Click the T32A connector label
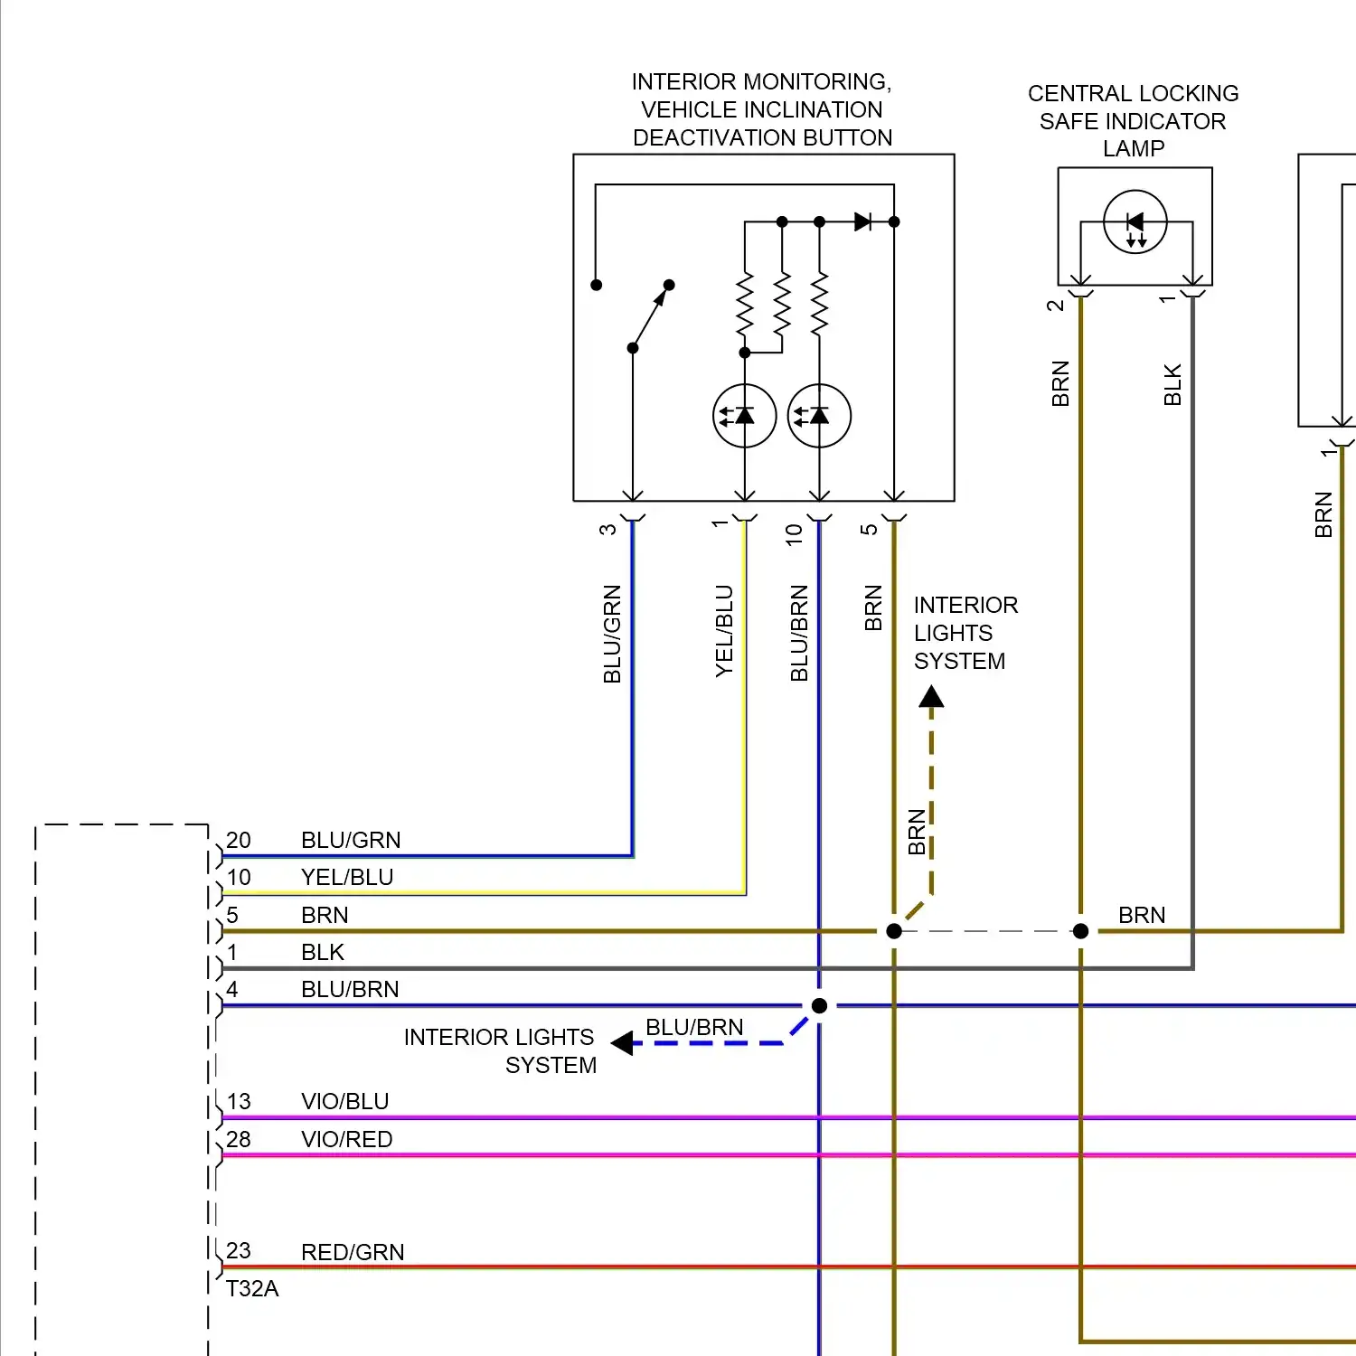pos(252,1288)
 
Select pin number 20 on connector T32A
pos(239,840)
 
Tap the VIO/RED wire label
pos(347,1139)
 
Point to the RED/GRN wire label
pos(353,1252)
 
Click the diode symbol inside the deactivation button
pos(862,221)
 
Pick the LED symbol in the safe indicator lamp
pos(1135,221)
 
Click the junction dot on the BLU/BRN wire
pos(819,1005)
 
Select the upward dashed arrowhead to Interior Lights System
pos(931,697)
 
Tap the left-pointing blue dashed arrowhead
pos(622,1043)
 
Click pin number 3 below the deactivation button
pos(607,529)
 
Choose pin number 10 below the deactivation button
pos(794,534)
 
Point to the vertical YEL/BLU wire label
pos(724,631)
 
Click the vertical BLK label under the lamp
pos(1172,384)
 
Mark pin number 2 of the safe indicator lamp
pos(1055,306)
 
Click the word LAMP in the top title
pos(1134,148)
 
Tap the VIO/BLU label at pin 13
pos(345,1101)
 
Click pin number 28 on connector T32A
pos(239,1139)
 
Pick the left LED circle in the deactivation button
pos(745,416)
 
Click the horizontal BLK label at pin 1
pos(323,952)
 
